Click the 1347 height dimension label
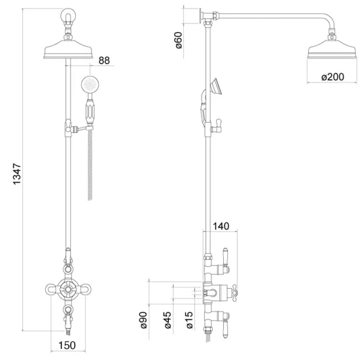(x=17, y=174)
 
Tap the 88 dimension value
(x=104, y=61)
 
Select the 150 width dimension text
(x=67, y=345)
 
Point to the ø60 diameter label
(x=179, y=40)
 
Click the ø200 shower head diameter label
(x=333, y=77)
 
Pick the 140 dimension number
(x=221, y=226)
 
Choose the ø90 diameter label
(x=144, y=320)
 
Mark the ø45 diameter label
(x=168, y=320)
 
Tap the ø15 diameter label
(x=189, y=320)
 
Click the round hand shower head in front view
(x=90, y=84)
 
